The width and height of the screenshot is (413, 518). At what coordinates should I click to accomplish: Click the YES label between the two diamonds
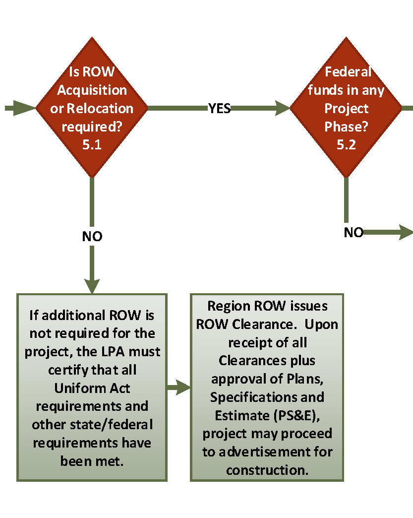219,108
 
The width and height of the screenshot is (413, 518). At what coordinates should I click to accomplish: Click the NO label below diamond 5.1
92,237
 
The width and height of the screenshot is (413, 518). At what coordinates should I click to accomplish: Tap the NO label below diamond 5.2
354,232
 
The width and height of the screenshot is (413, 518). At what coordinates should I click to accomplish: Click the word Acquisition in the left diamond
92,90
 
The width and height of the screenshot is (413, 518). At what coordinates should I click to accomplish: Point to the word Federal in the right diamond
348,72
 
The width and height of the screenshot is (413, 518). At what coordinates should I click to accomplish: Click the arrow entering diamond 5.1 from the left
20,108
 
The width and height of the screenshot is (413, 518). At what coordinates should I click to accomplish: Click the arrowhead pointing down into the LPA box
92,285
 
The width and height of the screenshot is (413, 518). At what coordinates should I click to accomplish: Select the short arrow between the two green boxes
178,388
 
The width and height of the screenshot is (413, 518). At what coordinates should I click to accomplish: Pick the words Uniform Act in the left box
92,388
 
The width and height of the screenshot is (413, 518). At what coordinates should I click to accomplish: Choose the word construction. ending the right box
267,469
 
